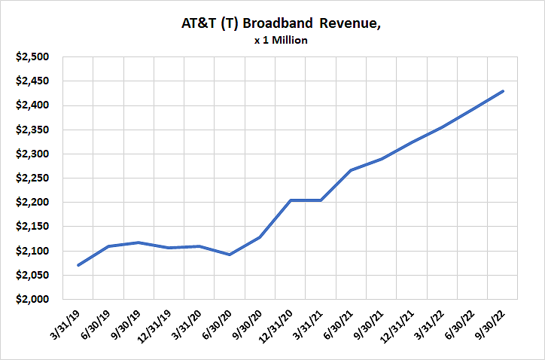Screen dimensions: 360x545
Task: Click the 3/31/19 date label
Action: [x=66, y=328]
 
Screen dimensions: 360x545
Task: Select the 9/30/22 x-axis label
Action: [x=491, y=328]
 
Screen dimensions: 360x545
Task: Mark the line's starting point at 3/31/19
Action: [x=78, y=265]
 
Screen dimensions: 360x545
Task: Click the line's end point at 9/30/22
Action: [x=503, y=91]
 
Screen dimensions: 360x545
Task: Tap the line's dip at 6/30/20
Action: [x=230, y=255]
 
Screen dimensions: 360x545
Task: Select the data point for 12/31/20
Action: [x=291, y=200]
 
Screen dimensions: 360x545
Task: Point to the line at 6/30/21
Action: [x=352, y=170]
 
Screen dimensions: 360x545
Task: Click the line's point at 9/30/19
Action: [x=139, y=243]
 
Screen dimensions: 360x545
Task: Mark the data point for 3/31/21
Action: [x=321, y=200]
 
